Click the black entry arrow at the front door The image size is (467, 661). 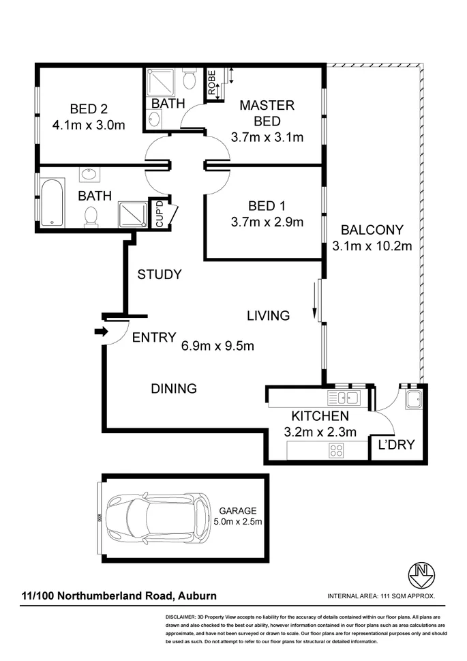tap(101, 332)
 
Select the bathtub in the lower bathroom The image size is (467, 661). tap(52, 203)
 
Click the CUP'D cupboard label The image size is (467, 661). tap(160, 214)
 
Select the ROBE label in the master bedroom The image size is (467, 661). tap(212, 83)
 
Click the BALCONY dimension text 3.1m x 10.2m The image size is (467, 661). tap(372, 246)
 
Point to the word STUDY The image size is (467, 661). tap(160, 275)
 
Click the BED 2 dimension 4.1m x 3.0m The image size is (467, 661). tap(89, 125)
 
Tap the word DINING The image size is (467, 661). tap(174, 389)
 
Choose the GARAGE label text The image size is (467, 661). tap(237, 510)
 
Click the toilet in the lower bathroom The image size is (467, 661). tap(89, 216)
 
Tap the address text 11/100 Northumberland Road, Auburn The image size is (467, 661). tap(119, 596)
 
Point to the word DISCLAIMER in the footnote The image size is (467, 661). tap(180, 616)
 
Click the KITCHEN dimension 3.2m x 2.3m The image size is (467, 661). tap(320, 431)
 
